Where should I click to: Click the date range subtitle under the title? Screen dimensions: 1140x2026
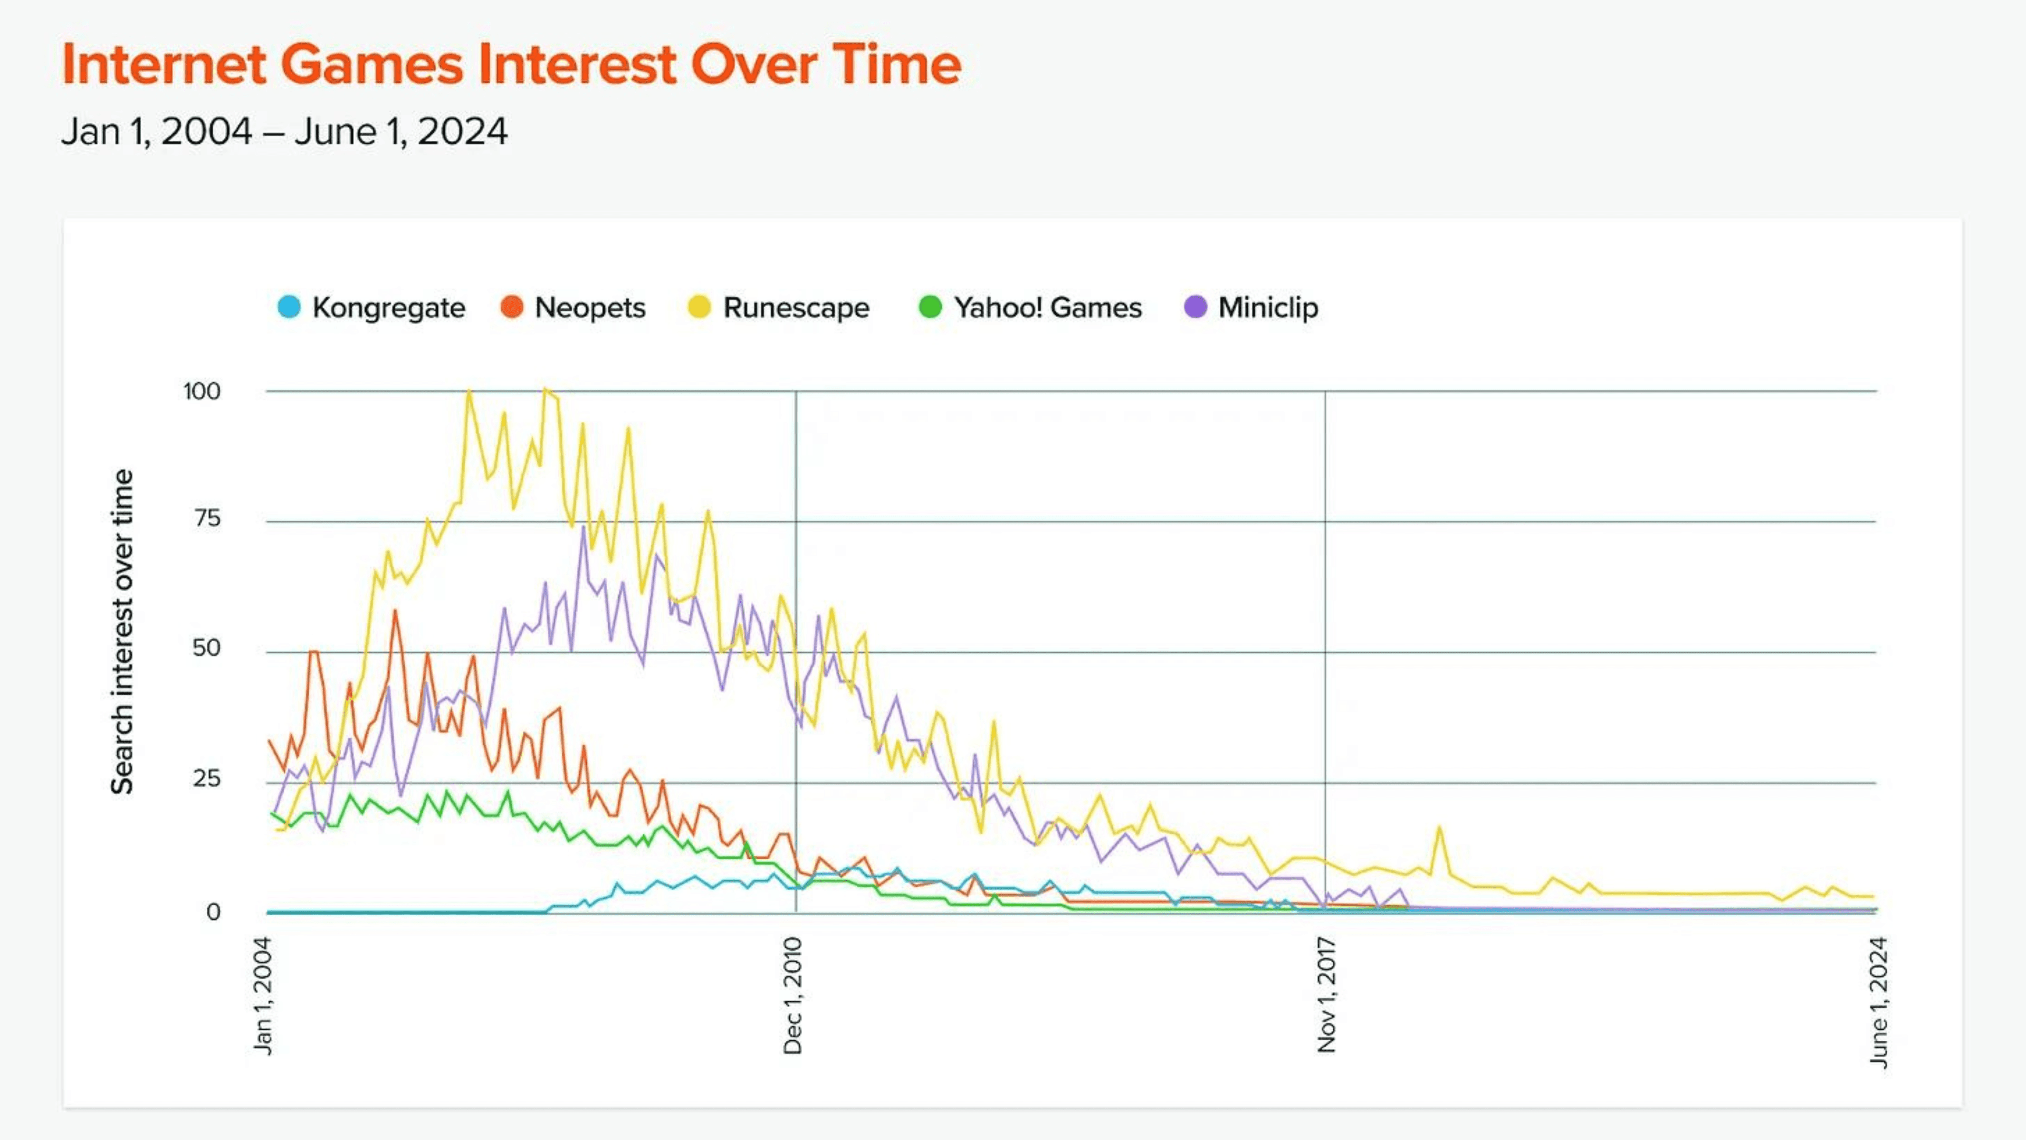pyautogui.click(x=284, y=131)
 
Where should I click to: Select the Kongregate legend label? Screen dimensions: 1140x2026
pyautogui.click(x=388, y=308)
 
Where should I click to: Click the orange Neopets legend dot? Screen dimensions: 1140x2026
pyautogui.click(x=512, y=307)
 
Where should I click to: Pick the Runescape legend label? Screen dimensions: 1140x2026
pyautogui.click(x=796, y=308)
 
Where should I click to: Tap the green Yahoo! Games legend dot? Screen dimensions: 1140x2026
pyautogui.click(x=930, y=307)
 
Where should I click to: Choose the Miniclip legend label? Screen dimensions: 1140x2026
pyautogui.click(x=1268, y=308)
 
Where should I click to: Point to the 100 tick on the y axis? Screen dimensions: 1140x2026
pyautogui.click(x=202, y=392)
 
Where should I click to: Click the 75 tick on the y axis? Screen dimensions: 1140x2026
pyautogui.click(x=208, y=518)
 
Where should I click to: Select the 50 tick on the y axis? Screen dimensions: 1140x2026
pyautogui.click(x=206, y=648)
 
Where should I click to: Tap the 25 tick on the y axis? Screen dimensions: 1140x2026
pyautogui.click(x=206, y=779)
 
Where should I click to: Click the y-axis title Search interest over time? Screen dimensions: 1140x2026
pyautogui.click(x=122, y=632)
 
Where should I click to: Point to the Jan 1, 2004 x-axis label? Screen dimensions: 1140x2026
pyautogui.click(x=263, y=996)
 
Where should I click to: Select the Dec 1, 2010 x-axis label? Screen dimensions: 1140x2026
pyautogui.click(x=793, y=996)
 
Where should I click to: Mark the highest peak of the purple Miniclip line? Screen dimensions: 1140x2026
pyautogui.click(x=583, y=527)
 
